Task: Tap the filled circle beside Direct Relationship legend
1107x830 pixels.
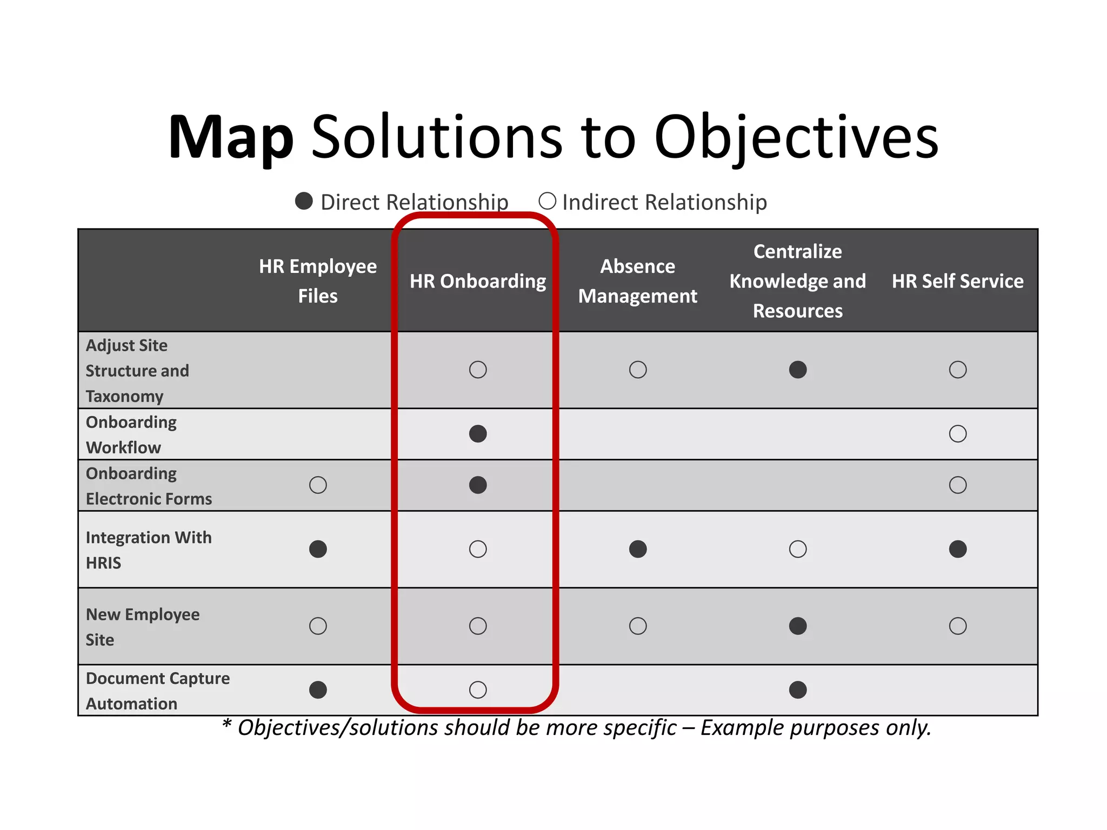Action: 304,201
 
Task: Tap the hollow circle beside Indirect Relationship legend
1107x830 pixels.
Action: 547,201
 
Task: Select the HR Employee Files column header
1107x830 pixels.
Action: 318,281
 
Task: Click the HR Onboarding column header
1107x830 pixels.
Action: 478,281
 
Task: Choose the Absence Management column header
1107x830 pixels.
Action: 638,281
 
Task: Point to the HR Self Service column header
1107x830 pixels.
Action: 957,281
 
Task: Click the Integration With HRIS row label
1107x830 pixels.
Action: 149,550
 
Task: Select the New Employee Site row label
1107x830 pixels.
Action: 143,627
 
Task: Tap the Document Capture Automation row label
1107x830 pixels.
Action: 157,691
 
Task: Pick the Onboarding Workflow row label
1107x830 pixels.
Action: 131,434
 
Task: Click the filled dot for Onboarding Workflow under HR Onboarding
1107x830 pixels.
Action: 478,434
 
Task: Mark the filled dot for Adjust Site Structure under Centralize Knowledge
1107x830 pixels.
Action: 798,370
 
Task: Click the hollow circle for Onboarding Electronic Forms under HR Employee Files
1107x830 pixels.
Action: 318,485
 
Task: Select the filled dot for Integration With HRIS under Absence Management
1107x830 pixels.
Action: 638,549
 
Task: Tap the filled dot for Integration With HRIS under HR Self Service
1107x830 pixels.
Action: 958,549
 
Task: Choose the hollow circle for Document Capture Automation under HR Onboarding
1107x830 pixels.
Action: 478,690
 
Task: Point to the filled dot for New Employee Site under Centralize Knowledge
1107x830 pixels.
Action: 798,626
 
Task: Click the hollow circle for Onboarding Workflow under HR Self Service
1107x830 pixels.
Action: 958,434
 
